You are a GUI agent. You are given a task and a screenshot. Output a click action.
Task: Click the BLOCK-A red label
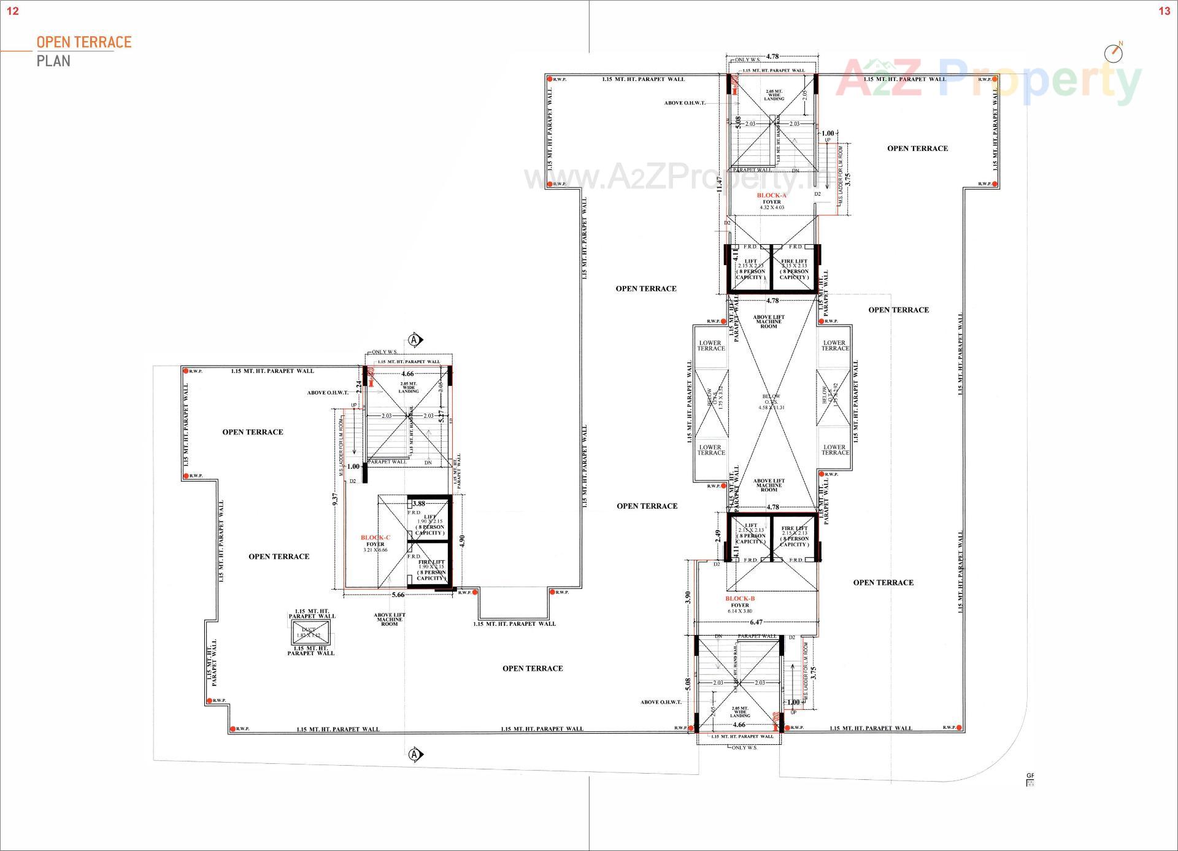[771, 195]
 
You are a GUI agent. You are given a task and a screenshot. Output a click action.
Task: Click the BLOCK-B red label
[740, 598]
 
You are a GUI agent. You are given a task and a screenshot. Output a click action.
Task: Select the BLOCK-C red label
[375, 537]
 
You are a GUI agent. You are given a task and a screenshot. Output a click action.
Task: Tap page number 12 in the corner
[12, 11]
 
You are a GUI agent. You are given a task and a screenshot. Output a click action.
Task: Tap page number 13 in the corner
[1164, 11]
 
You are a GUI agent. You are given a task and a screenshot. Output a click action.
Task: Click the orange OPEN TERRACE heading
[84, 42]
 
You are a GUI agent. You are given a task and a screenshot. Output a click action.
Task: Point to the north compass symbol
[1113, 53]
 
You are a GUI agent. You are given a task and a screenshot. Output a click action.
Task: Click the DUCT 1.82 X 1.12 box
[309, 633]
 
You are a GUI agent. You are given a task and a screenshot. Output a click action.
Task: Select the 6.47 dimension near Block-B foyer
[756, 622]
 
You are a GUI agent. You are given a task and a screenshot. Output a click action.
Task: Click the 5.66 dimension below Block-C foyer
[398, 594]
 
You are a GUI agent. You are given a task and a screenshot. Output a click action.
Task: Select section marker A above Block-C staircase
[415, 339]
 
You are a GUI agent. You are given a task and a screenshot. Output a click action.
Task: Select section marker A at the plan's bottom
[415, 754]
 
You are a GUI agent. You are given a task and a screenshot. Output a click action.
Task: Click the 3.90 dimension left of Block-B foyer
[688, 597]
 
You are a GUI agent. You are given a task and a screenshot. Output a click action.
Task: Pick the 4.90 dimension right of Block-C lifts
[462, 541]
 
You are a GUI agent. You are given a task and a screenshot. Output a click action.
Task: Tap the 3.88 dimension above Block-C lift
[419, 504]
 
